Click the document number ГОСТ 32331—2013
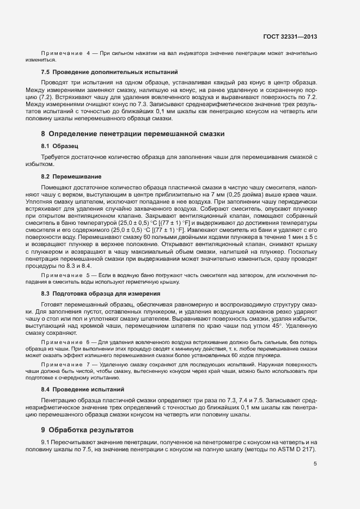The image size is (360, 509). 289,37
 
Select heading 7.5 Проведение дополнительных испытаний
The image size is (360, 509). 109,72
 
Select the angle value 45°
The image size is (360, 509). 274,325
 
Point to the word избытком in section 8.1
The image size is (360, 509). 40,164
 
